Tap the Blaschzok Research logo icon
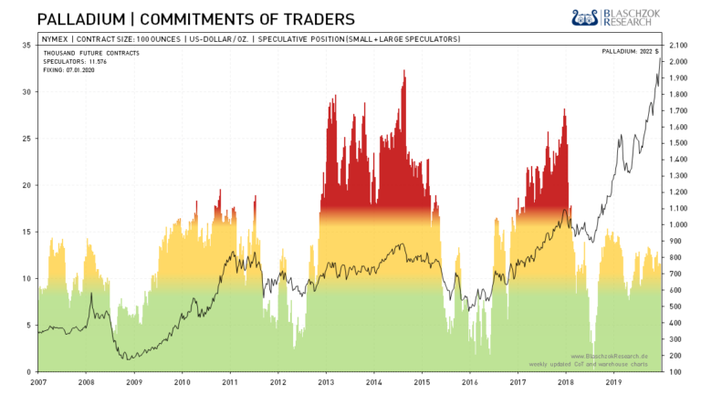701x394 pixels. [584, 17]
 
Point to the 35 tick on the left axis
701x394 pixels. [26, 45]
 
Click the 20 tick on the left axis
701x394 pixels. [26, 185]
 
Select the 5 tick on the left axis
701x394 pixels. [27, 326]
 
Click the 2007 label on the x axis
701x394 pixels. [39, 382]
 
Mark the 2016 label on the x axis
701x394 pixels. [471, 382]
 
